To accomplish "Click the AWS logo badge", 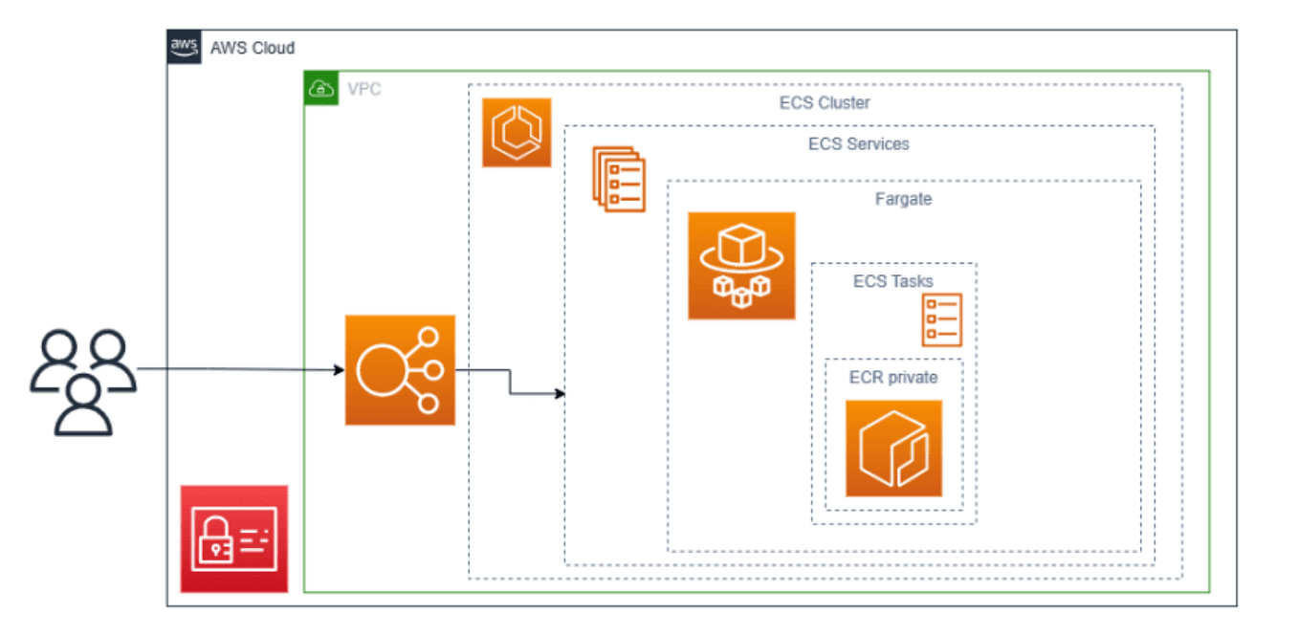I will [x=184, y=47].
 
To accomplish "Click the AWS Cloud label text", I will [x=253, y=48].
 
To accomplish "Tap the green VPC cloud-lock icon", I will [x=321, y=89].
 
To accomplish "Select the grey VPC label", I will [x=363, y=89].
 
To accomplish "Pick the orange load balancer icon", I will [x=400, y=370].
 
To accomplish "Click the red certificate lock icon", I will [x=234, y=538].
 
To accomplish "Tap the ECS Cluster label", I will [x=824, y=102].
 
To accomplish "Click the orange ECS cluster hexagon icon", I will [x=517, y=133].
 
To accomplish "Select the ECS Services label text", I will [x=858, y=144].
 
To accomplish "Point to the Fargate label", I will [x=902, y=200].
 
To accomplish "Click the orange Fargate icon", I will [x=741, y=266].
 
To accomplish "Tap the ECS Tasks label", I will [x=892, y=281].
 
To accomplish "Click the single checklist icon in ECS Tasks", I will [x=941, y=319].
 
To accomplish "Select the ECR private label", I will [x=892, y=378].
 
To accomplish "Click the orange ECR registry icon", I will [x=893, y=449].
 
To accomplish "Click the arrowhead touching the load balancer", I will [x=339, y=370].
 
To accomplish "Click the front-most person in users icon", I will [x=83, y=406].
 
